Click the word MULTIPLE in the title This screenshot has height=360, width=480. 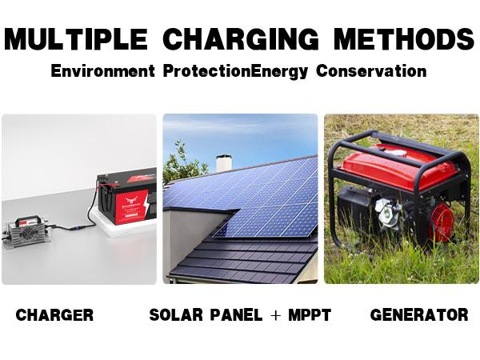[x=77, y=38]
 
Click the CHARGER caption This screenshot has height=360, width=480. [x=54, y=315]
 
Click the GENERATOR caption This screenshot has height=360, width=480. [x=419, y=315]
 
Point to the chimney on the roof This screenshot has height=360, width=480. [x=224, y=163]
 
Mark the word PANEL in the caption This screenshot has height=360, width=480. [x=233, y=315]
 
